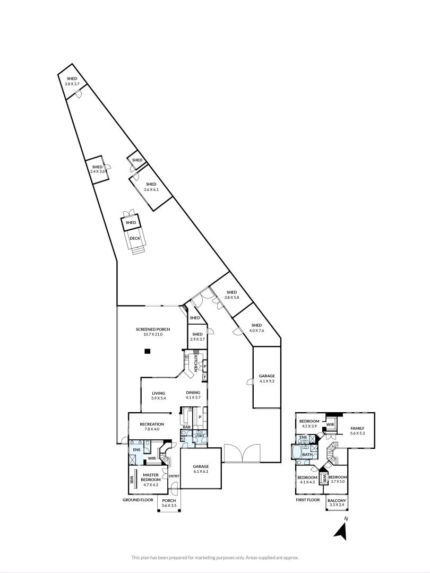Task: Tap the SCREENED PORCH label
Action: click(152, 329)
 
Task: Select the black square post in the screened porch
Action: click(148, 351)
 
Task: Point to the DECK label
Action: click(135, 238)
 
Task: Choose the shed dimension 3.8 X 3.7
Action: click(72, 84)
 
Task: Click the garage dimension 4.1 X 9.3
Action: click(266, 381)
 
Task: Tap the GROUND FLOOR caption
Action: click(138, 500)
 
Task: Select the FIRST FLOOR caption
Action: click(308, 500)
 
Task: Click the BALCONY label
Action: click(337, 500)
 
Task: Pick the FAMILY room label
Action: click(358, 428)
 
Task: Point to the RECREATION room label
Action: click(152, 424)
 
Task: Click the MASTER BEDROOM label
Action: click(150, 477)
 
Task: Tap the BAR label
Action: click(186, 427)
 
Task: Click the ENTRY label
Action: click(174, 476)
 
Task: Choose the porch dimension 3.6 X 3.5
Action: click(169, 506)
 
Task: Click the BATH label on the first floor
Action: click(307, 455)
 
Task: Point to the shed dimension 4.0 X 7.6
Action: click(256, 331)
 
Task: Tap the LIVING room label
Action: click(159, 393)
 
